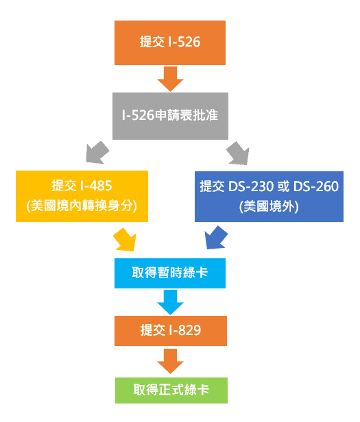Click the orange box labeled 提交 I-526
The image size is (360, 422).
170,42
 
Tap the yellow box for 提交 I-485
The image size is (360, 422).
82,195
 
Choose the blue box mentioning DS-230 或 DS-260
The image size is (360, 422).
268,195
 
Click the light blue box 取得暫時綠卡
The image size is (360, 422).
170,273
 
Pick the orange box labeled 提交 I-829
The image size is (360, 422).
170,330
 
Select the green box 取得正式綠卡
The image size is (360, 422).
170,390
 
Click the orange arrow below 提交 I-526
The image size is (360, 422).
170,79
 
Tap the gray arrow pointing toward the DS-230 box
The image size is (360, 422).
241,152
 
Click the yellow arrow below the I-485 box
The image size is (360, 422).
124,239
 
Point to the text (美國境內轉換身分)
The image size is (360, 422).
82,205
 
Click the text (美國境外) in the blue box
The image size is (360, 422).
268,205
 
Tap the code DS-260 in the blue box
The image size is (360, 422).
315,186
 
